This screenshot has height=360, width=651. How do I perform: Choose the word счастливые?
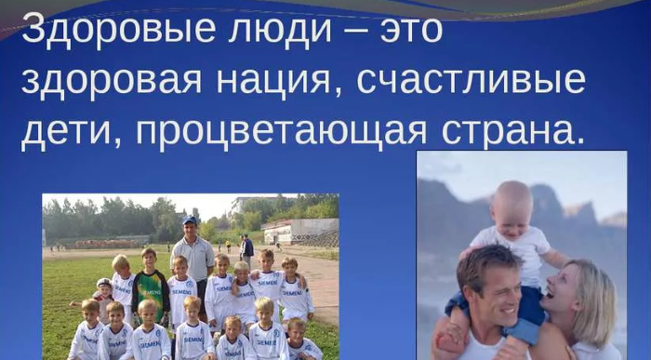(471, 80)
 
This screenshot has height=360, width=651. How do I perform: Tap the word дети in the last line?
(72, 133)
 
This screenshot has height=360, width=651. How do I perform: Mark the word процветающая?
(281, 133)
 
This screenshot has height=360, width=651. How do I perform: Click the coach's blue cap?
(190, 220)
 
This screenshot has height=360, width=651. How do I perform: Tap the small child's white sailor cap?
(104, 283)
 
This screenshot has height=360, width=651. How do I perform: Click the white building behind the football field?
(300, 231)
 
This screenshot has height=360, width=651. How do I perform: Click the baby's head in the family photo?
(511, 206)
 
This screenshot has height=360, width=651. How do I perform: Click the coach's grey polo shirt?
(193, 259)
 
